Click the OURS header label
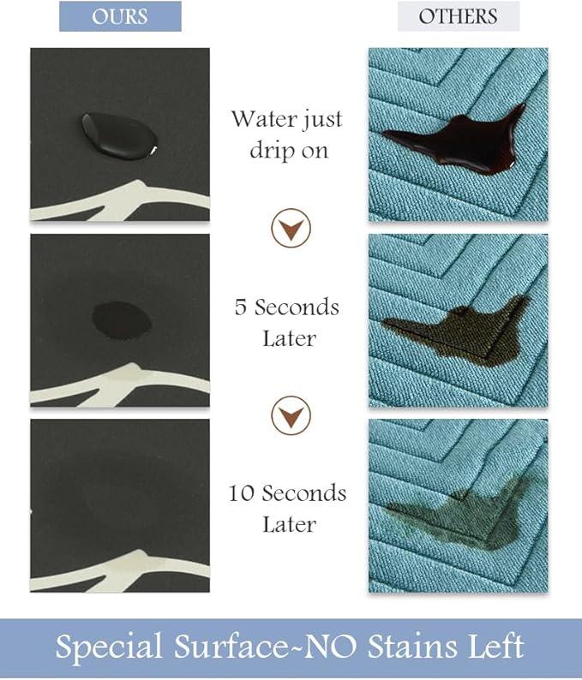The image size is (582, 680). point(120,16)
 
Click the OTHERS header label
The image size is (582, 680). point(459,16)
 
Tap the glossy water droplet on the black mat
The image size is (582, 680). point(118,134)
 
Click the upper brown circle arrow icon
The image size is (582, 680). point(291,228)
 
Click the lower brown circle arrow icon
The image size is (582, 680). point(291,415)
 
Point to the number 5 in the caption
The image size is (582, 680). point(241,307)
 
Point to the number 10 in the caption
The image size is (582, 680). point(242,493)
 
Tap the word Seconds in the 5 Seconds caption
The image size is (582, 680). point(299,307)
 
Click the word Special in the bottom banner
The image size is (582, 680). point(106,647)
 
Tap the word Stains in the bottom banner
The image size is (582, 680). point(391,647)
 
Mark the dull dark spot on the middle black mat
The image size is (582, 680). point(120,319)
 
